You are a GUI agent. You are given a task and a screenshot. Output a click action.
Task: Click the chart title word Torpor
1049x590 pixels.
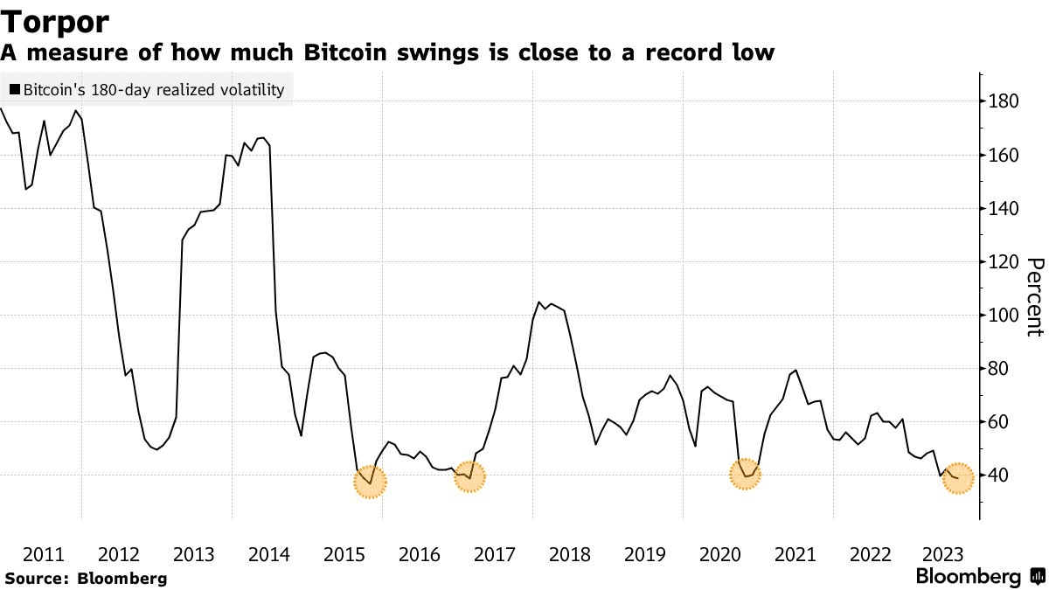coord(54,21)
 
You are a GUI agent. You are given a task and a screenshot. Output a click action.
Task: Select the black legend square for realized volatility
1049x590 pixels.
coord(14,90)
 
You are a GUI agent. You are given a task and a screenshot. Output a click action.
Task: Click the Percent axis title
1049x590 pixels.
coord(1034,296)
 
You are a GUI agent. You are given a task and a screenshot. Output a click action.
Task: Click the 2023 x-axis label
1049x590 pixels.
coord(944,554)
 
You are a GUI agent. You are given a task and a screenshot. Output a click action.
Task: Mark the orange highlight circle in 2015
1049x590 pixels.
coord(370,481)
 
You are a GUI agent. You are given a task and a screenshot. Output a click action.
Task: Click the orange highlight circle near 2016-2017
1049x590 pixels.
coord(470,476)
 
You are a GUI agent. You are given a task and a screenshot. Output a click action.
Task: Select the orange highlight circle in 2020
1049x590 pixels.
coord(746,475)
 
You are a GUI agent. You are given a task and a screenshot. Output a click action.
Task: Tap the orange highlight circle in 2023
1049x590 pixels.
coord(958,478)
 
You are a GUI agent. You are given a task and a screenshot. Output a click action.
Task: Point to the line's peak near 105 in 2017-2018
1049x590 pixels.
coord(539,302)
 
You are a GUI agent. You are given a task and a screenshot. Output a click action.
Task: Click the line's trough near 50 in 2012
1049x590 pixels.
coord(156,449)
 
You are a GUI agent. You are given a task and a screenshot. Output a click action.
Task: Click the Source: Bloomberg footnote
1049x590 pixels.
coord(85,578)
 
